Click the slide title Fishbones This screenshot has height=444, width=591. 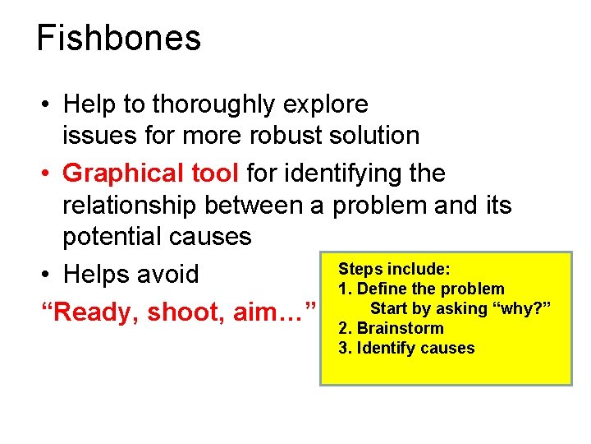pyautogui.click(x=119, y=39)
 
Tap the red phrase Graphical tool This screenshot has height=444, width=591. pyautogui.click(x=151, y=173)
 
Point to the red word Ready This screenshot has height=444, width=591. pyautogui.click(x=89, y=312)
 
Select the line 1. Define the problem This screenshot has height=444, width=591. pyautogui.click(x=421, y=289)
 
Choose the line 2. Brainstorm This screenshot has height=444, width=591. pyautogui.click(x=391, y=328)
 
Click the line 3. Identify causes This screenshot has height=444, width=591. pyautogui.click(x=406, y=348)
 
